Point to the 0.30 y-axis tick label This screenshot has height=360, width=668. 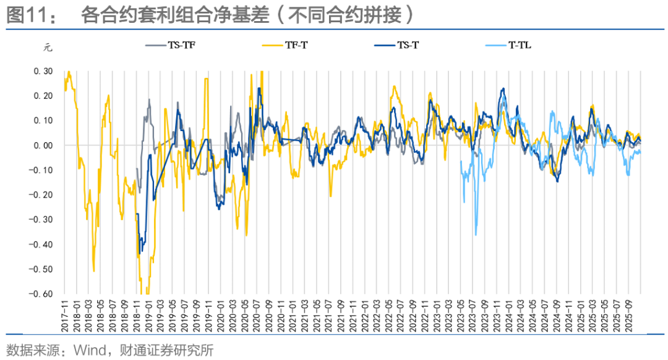[44, 71]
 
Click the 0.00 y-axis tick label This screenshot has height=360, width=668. [44, 145]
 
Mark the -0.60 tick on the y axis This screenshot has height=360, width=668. [42, 294]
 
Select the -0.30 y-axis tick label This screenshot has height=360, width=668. [42, 220]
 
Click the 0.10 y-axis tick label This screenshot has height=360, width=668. [44, 121]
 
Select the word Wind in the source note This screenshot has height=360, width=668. [88, 351]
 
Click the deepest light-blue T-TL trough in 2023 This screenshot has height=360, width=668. [476, 235]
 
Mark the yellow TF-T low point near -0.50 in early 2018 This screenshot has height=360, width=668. [93, 271]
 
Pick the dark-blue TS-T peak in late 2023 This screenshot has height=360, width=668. [503, 89]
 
